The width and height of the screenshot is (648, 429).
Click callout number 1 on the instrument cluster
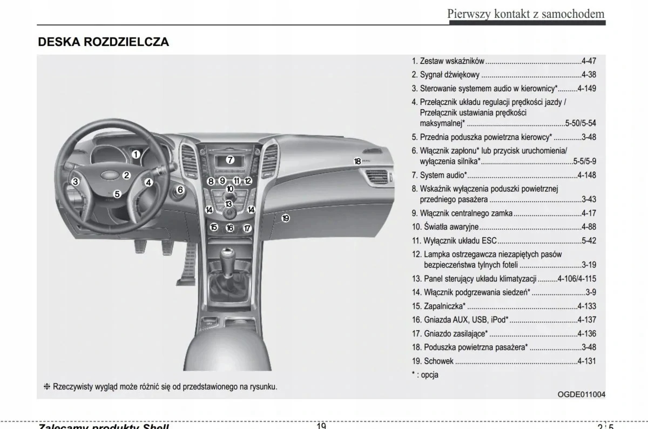(136, 155)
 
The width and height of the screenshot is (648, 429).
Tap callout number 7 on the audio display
(230, 160)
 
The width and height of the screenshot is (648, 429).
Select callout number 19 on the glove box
(286, 218)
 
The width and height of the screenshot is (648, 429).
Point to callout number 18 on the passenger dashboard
(357, 161)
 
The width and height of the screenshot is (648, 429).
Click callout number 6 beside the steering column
(180, 190)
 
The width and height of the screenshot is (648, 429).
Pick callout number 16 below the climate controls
(230, 228)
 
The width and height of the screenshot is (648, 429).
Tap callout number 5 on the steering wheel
(117, 193)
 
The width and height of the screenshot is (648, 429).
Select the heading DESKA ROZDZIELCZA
(103, 42)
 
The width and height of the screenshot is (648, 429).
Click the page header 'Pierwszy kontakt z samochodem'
(525, 14)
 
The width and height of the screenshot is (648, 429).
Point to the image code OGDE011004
(581, 394)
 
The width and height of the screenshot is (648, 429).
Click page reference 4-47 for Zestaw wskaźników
(589, 62)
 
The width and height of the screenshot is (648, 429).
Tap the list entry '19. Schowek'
(433, 361)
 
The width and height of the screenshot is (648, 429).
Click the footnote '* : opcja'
(424, 374)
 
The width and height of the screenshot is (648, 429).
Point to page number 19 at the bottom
(321, 425)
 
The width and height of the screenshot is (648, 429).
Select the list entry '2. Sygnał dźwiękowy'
(446, 75)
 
